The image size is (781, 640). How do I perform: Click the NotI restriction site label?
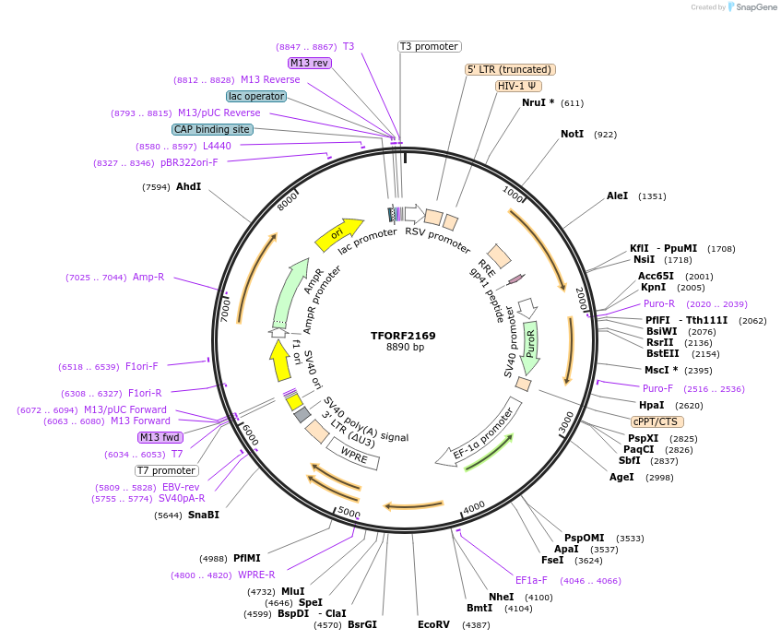[x=572, y=135]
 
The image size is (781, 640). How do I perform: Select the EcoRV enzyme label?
[x=433, y=625]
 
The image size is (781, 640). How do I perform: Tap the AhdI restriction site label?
[x=188, y=187]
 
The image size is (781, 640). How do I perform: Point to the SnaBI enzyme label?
[x=204, y=516]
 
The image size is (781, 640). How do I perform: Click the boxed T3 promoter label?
[x=430, y=46]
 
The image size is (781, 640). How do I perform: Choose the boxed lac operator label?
[x=255, y=96]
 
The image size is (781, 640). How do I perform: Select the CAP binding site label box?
[x=212, y=130]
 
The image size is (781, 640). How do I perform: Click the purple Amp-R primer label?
[x=148, y=277]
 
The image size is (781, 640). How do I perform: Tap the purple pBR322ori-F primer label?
[x=189, y=162]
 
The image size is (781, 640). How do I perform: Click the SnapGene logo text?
[x=755, y=7]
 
